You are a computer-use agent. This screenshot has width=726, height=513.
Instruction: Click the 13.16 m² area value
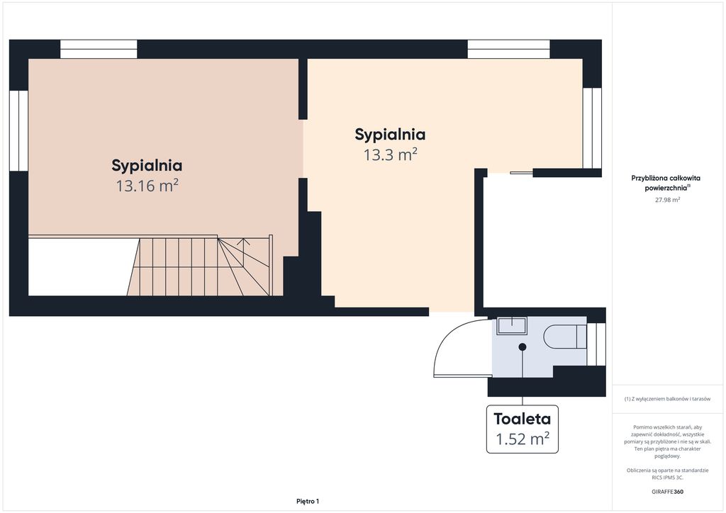coord(147,186)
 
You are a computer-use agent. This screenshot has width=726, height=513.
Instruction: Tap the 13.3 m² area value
coord(391,154)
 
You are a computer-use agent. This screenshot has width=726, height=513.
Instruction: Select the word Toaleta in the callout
coord(523,419)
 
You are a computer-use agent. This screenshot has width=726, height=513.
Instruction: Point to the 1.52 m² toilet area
coord(523,439)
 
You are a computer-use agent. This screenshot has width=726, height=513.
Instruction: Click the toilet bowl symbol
coord(565,337)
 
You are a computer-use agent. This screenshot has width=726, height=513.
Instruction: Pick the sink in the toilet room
coord(512,326)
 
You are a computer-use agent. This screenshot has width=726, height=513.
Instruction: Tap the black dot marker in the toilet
coord(523,346)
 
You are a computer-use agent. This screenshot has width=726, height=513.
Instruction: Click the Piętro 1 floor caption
coord(308,501)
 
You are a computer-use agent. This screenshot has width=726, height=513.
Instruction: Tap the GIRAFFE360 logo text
coord(666,491)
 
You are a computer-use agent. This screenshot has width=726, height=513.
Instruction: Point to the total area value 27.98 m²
coord(667,200)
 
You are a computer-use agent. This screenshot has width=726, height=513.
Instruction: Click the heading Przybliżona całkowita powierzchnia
coord(666,183)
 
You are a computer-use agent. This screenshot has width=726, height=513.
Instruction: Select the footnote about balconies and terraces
coord(667,399)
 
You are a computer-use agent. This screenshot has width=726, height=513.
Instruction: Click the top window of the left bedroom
coord(99,49)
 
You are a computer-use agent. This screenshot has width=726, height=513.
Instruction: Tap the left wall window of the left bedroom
coord(18,131)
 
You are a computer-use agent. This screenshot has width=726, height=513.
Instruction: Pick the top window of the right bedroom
coord(508,49)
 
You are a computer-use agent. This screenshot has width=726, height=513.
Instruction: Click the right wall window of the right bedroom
coord(592,128)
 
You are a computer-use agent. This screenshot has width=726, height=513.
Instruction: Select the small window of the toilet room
coord(596,344)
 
